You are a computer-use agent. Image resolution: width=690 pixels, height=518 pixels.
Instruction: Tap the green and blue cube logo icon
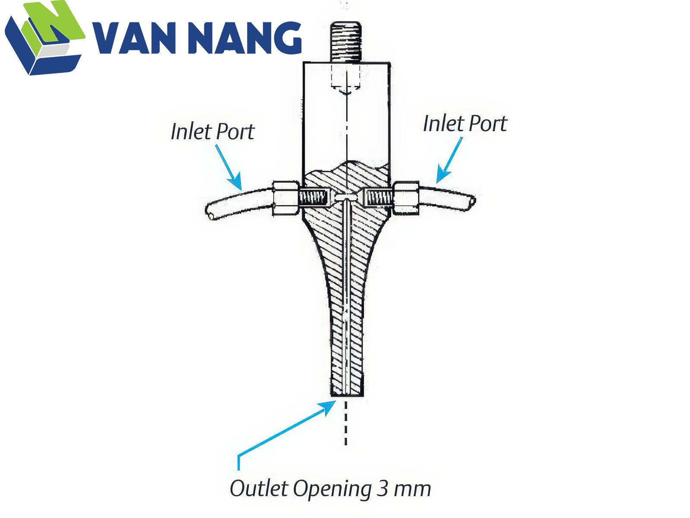coord(45,38)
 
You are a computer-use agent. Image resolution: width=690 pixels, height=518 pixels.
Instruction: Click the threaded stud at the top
coord(346,41)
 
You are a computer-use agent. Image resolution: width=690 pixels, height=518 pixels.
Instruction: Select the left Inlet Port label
coord(213,132)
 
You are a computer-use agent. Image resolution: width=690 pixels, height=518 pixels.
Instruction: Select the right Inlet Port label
coord(465,123)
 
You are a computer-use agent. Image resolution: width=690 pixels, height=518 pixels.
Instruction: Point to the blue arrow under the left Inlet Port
coord(229,167)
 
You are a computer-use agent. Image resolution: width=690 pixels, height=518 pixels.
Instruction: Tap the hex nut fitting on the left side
coord(285,198)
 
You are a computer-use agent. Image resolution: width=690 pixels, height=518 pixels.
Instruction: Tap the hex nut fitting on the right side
coord(406,198)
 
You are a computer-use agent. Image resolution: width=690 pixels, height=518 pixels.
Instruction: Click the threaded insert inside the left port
coord(313,198)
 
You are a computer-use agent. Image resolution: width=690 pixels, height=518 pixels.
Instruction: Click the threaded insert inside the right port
coord(379,197)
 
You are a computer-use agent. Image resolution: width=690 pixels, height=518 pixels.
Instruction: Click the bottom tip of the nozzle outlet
coord(347,396)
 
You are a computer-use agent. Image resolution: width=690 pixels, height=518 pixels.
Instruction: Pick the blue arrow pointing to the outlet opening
coord(285,434)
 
